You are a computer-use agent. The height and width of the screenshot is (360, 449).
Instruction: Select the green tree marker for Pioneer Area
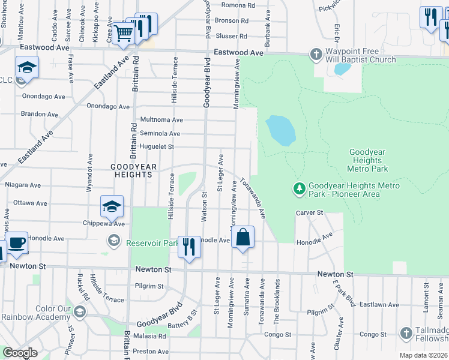[299, 189]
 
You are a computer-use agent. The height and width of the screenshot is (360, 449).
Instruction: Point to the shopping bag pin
[243, 238]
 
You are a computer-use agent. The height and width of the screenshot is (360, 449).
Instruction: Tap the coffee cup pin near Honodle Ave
[16, 244]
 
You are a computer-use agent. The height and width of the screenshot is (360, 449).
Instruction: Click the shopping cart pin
[123, 34]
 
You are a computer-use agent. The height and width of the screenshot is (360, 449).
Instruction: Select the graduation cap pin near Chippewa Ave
[112, 207]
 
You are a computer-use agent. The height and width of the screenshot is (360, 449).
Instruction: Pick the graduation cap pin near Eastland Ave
[27, 67]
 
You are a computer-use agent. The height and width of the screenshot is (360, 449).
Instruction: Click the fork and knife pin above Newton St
[190, 246]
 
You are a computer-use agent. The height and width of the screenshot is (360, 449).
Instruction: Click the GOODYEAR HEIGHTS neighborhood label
[132, 170]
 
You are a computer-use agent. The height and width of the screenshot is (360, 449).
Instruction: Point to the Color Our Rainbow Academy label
[37, 313]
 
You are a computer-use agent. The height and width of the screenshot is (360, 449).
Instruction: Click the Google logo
[20, 353]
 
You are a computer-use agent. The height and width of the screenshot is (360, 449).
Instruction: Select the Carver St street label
[310, 213]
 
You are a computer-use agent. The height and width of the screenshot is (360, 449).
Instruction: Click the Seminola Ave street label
[160, 133]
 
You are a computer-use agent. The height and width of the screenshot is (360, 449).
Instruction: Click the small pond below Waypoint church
[342, 69]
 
